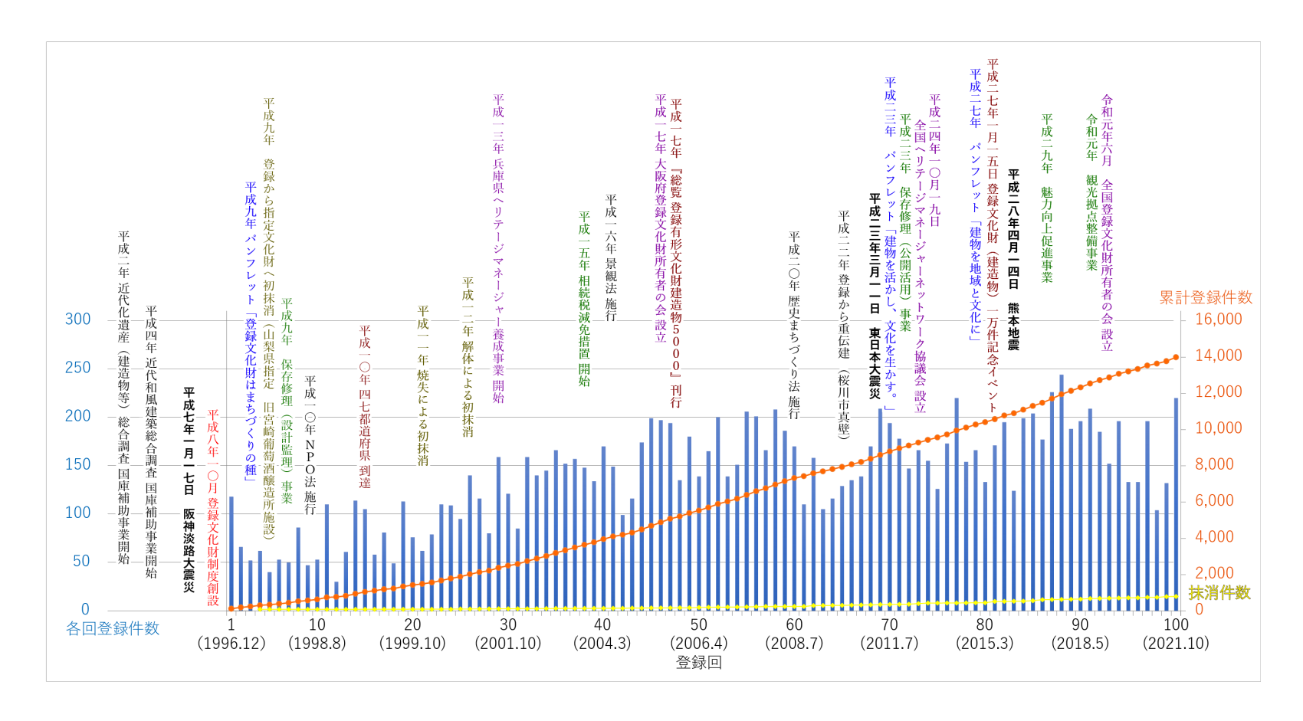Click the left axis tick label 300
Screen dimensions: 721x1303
point(77,319)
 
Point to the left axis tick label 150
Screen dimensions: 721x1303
point(77,464)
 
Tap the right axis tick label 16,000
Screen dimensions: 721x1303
point(1218,319)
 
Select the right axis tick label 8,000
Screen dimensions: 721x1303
point(1214,464)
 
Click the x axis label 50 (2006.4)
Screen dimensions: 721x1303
point(698,634)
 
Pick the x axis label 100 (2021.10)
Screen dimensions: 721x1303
point(1176,634)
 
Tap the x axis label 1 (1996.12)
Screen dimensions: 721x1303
point(231,634)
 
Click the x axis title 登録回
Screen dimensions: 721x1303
point(698,663)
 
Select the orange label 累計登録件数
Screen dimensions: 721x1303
point(1205,297)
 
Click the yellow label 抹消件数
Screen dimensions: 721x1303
point(1219,592)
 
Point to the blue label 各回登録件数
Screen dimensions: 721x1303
point(113,629)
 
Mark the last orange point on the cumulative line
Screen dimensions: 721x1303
point(1176,357)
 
